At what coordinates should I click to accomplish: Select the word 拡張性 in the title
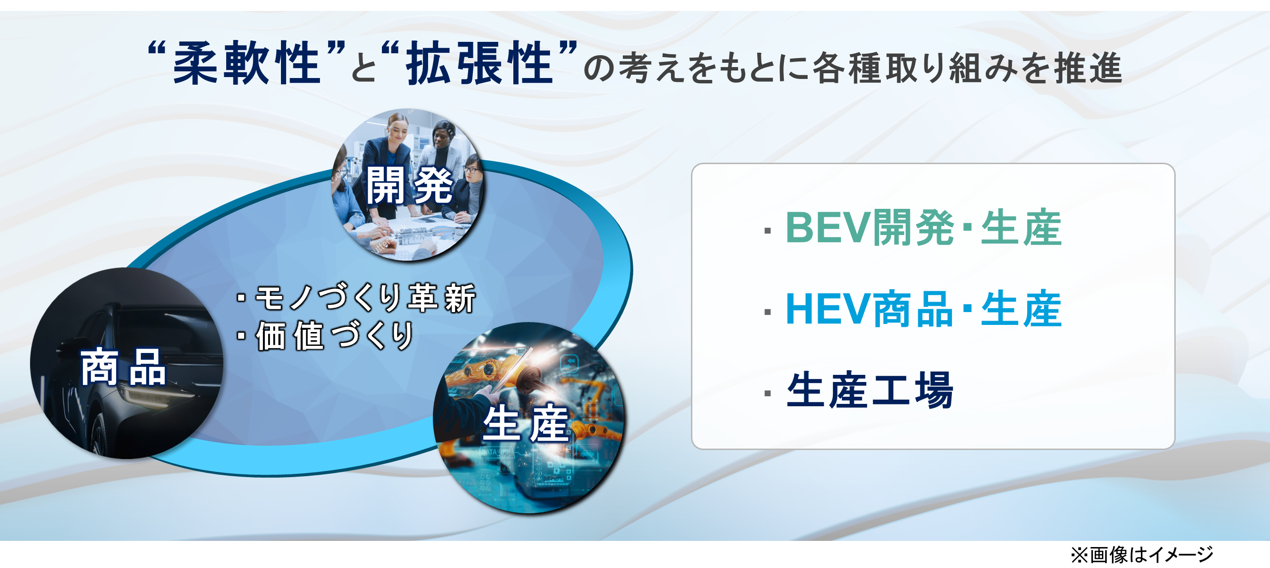[479, 63]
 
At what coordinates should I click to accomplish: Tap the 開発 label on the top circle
[409, 185]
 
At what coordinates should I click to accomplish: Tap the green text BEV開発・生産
[923, 227]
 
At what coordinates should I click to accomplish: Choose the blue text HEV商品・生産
[923, 309]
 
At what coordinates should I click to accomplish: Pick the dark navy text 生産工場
[870, 390]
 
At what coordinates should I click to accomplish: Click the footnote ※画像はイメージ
[1141, 555]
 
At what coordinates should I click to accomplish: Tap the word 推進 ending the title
[1088, 68]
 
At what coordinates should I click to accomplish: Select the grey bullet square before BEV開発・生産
[767, 231]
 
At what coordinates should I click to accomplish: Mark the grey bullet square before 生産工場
[767, 393]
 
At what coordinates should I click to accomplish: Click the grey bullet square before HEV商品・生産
[767, 312]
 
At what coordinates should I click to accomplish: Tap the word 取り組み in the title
[951, 68]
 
